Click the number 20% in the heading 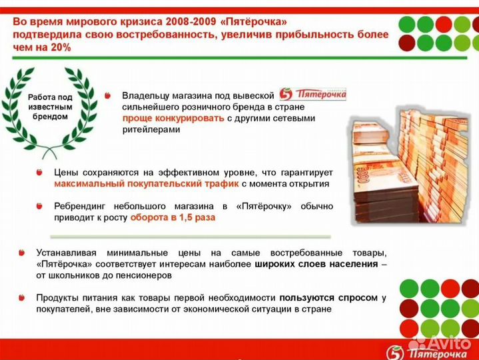point(58,47)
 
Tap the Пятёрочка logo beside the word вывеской point(312,95)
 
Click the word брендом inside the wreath point(49,116)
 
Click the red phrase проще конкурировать point(173,118)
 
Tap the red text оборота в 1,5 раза point(172,218)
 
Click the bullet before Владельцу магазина point(108,96)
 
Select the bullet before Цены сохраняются point(40,172)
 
